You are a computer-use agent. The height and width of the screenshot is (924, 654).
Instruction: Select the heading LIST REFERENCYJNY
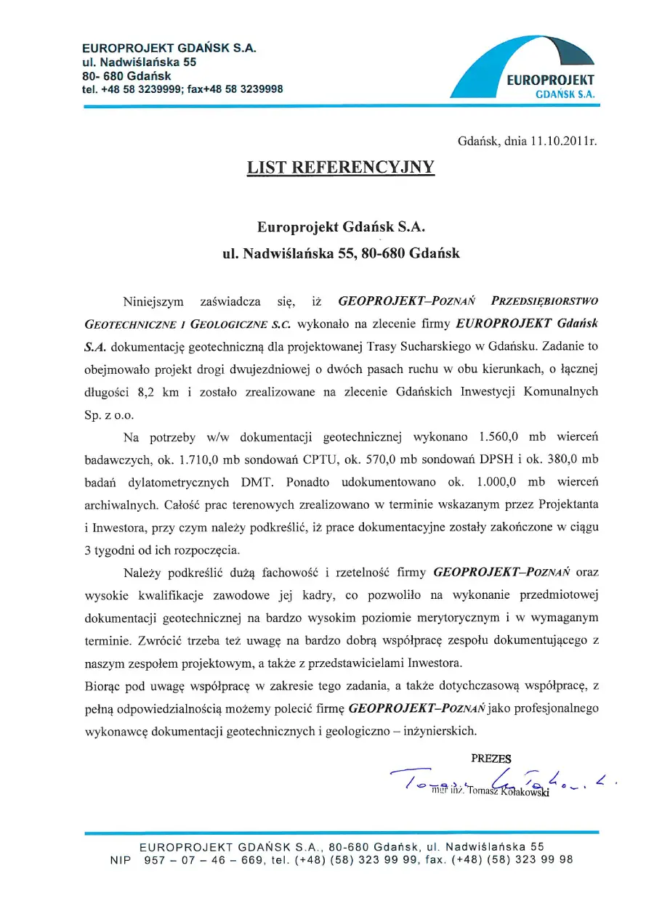(341, 168)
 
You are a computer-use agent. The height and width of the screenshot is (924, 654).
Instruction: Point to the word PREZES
(491, 759)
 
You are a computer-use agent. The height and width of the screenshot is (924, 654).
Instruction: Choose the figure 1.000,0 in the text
(501, 482)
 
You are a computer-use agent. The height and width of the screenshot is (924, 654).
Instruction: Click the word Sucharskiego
(445, 345)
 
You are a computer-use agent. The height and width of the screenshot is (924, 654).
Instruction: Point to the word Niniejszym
(153, 299)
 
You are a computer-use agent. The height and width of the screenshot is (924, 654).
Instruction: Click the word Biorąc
(105, 684)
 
